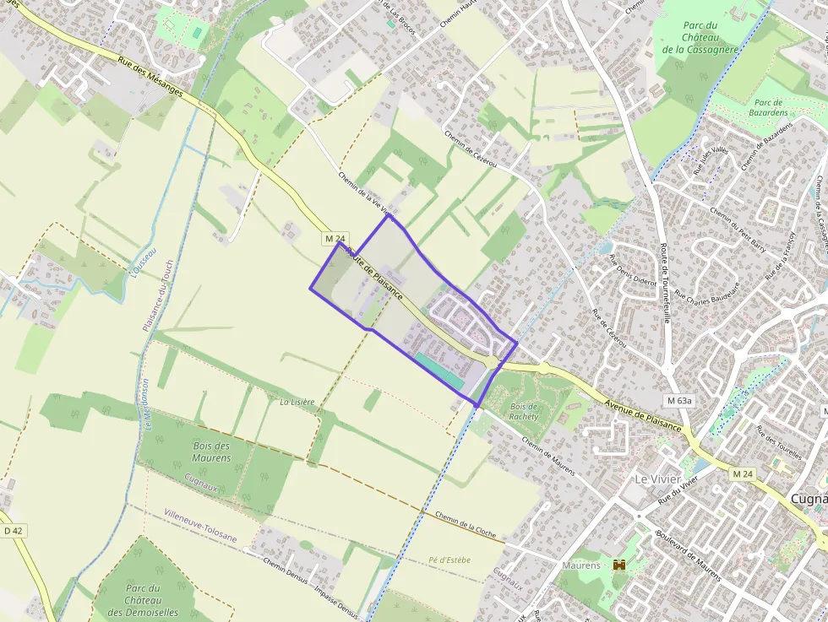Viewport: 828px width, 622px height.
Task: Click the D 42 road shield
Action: pyautogui.click(x=12, y=531)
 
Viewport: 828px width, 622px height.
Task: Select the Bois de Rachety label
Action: pyautogui.click(x=525, y=411)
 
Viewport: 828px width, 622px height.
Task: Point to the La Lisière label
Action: pyautogui.click(x=297, y=403)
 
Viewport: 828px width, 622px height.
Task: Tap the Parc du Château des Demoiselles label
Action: pyautogui.click(x=143, y=600)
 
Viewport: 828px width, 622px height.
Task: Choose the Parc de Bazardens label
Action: pyautogui.click(x=768, y=106)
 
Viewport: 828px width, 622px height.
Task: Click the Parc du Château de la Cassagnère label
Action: pyautogui.click(x=700, y=37)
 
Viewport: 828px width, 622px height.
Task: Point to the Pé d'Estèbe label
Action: pyautogui.click(x=449, y=560)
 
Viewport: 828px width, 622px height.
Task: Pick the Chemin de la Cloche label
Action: pyautogui.click(x=465, y=523)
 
